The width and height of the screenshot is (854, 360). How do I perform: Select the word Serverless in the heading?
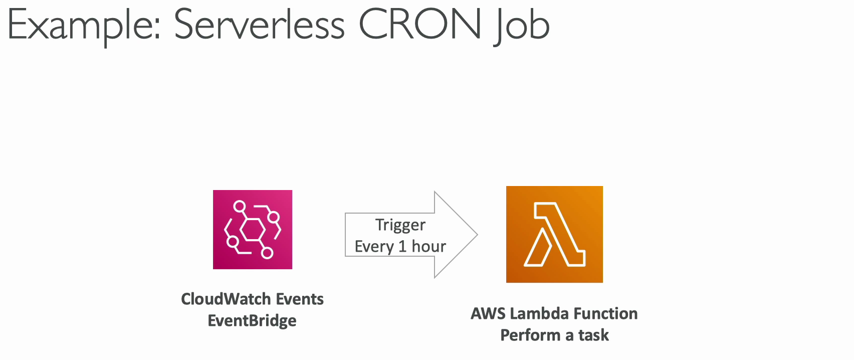click(x=259, y=25)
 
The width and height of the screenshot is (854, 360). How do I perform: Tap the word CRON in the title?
click(x=420, y=25)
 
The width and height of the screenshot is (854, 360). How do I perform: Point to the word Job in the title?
click(x=521, y=26)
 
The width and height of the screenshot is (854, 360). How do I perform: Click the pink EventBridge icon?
click(x=253, y=230)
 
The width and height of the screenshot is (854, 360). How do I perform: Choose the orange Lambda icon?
click(x=554, y=234)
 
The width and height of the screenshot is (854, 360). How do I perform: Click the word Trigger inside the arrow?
click(x=400, y=225)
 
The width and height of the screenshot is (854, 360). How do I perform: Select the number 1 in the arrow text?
click(x=402, y=246)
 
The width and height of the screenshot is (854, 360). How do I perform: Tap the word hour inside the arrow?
click(x=429, y=246)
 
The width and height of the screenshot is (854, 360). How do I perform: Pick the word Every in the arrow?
click(x=374, y=247)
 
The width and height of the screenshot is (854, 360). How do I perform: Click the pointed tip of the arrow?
click(x=477, y=235)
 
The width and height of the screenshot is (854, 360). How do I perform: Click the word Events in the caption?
click(x=300, y=299)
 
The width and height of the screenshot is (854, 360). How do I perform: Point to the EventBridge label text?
click(x=252, y=321)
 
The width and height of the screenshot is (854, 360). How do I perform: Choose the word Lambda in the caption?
click(x=539, y=313)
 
